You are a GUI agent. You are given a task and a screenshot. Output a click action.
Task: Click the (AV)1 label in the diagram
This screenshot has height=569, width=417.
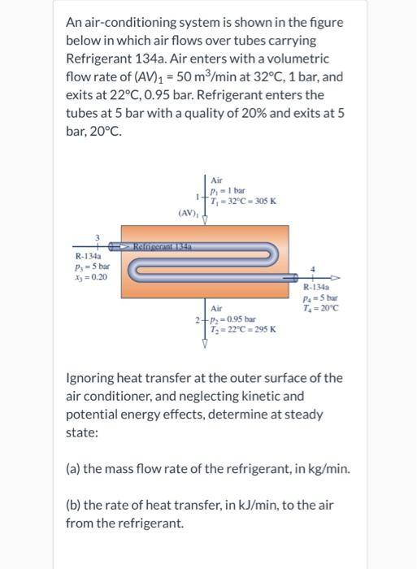pos(188,213)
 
